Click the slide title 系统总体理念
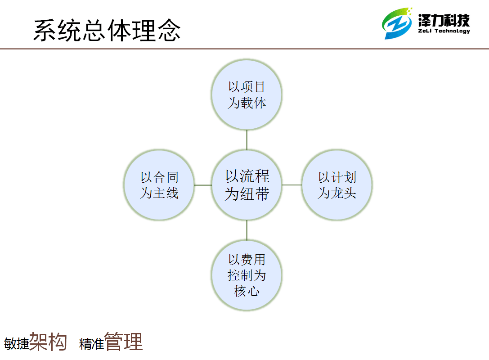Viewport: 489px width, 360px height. click(x=107, y=30)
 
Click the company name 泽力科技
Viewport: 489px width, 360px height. click(x=444, y=21)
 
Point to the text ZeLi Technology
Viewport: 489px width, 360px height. click(x=444, y=31)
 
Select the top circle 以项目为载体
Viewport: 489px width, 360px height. click(x=247, y=95)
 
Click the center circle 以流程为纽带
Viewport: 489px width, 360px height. click(x=247, y=185)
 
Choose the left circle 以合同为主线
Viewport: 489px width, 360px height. click(x=159, y=185)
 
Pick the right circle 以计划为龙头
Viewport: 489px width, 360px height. click(x=337, y=185)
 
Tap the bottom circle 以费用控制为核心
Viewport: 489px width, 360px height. click(x=247, y=275)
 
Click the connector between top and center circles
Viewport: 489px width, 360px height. click(x=247, y=140)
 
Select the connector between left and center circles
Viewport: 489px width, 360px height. click(x=203, y=185)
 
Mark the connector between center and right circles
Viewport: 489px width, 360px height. click(x=292, y=185)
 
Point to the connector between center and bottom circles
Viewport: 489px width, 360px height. click(x=247, y=230)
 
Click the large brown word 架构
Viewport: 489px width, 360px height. click(x=48, y=342)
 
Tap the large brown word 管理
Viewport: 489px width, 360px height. click(x=124, y=342)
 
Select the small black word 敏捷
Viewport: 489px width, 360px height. click(x=17, y=344)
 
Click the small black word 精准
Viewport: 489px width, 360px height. click(x=91, y=344)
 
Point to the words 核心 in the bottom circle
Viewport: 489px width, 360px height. click(x=247, y=291)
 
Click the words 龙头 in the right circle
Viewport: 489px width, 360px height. click(x=343, y=193)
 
